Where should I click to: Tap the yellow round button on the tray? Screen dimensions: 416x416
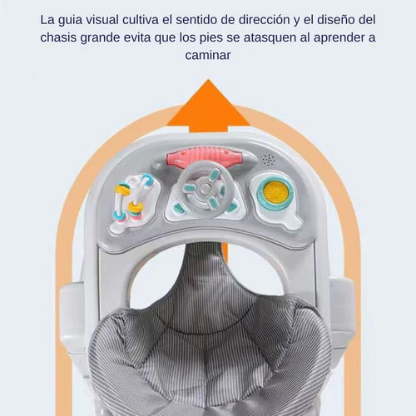[275, 191]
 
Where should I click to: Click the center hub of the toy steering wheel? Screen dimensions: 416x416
[205, 189]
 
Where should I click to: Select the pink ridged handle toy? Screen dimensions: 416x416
[205, 157]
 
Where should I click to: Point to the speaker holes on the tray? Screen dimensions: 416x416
[269, 160]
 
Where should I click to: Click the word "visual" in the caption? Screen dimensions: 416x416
[102, 20]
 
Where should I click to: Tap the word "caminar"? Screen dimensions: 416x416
[208, 55]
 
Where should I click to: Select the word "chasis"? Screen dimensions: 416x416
[58, 37]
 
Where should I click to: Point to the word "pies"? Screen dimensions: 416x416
[211, 38]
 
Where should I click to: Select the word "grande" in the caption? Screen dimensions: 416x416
[100, 38]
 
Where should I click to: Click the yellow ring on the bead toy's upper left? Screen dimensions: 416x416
[122, 191]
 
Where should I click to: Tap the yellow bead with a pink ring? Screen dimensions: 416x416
[136, 207]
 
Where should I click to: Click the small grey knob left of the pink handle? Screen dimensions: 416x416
[157, 166]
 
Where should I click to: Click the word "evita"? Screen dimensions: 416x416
[137, 37]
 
